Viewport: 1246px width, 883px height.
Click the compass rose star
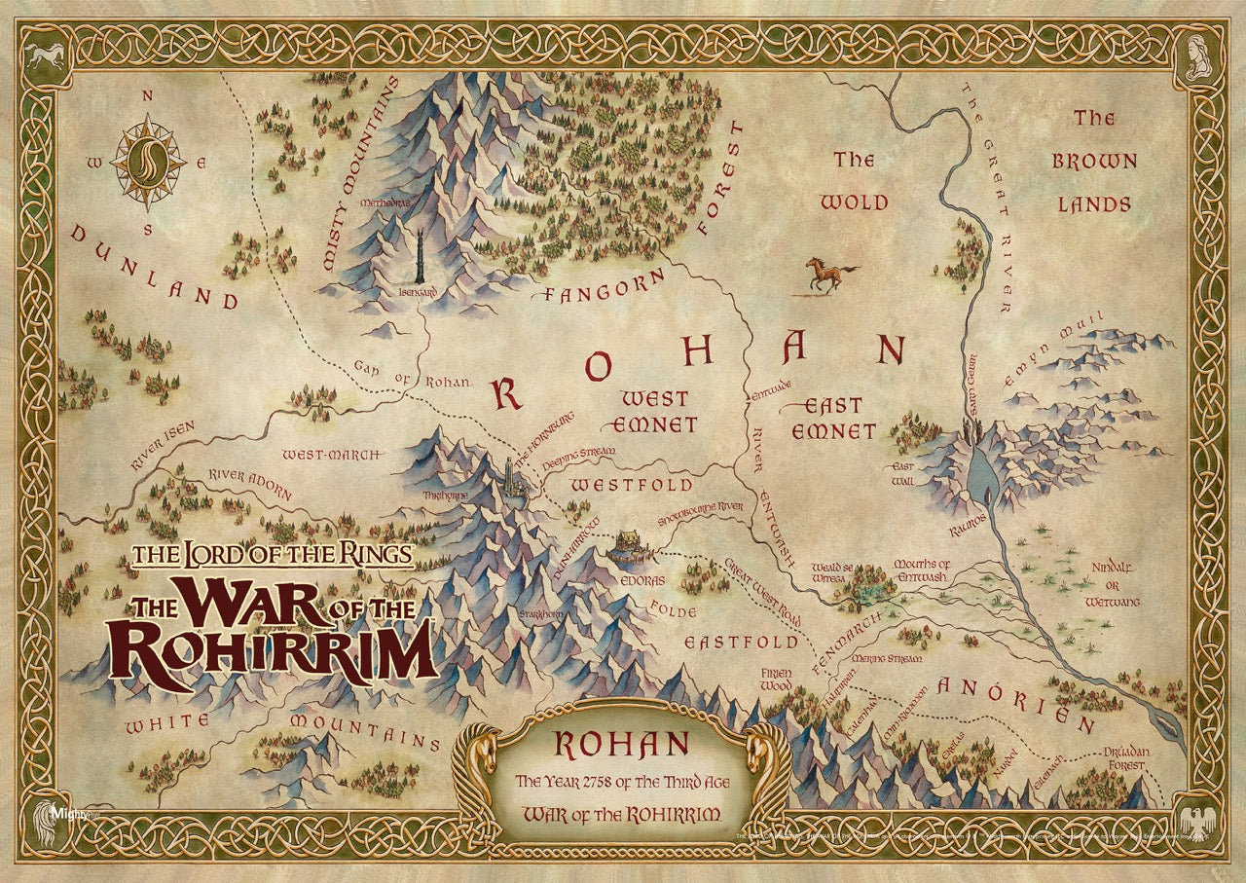click(x=148, y=162)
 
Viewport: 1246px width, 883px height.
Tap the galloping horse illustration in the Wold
click(x=830, y=275)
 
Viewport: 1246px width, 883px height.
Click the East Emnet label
click(x=826, y=418)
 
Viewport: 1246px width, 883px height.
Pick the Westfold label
click(x=632, y=485)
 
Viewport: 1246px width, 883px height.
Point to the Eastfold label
click(x=741, y=643)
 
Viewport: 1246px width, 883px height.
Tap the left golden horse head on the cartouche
click(x=483, y=751)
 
